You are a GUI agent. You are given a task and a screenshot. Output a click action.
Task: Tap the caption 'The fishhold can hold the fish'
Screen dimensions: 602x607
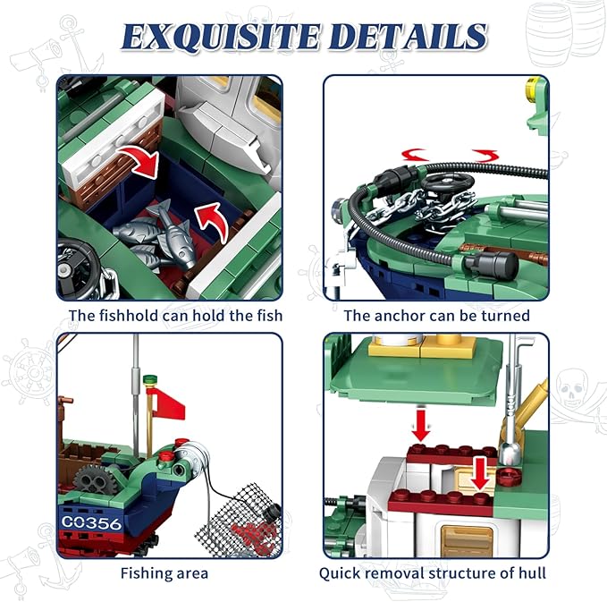tap(176, 315)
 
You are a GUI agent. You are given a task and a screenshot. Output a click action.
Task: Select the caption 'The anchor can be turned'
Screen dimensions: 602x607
tap(436, 315)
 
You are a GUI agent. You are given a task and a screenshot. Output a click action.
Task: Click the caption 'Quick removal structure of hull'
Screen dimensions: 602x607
tap(433, 572)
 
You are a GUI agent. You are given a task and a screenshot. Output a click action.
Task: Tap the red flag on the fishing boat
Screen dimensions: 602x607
tap(168, 403)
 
